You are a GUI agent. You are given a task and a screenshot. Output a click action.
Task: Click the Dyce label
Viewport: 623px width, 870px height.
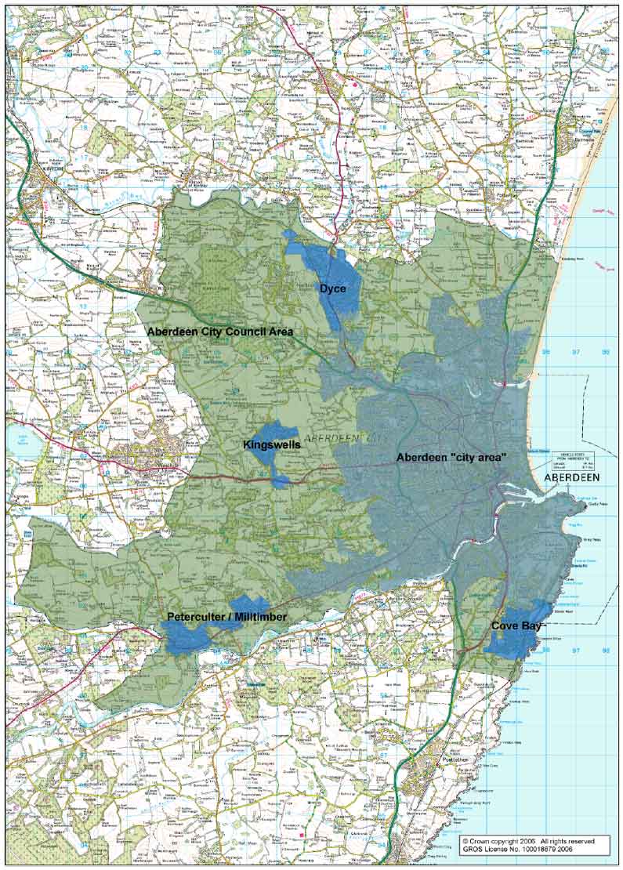pyautogui.click(x=332, y=289)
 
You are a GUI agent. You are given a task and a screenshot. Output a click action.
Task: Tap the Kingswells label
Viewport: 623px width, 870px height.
pyautogui.click(x=272, y=444)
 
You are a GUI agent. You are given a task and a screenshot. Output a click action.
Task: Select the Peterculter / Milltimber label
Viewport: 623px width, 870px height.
pyautogui.click(x=226, y=618)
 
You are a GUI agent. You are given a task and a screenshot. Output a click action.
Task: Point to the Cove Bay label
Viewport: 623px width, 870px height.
pyautogui.click(x=513, y=626)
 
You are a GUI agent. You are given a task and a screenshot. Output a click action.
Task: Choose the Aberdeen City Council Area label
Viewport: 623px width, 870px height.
pyautogui.click(x=220, y=332)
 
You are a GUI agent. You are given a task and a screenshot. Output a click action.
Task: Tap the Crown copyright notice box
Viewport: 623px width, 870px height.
pyautogui.click(x=534, y=845)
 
